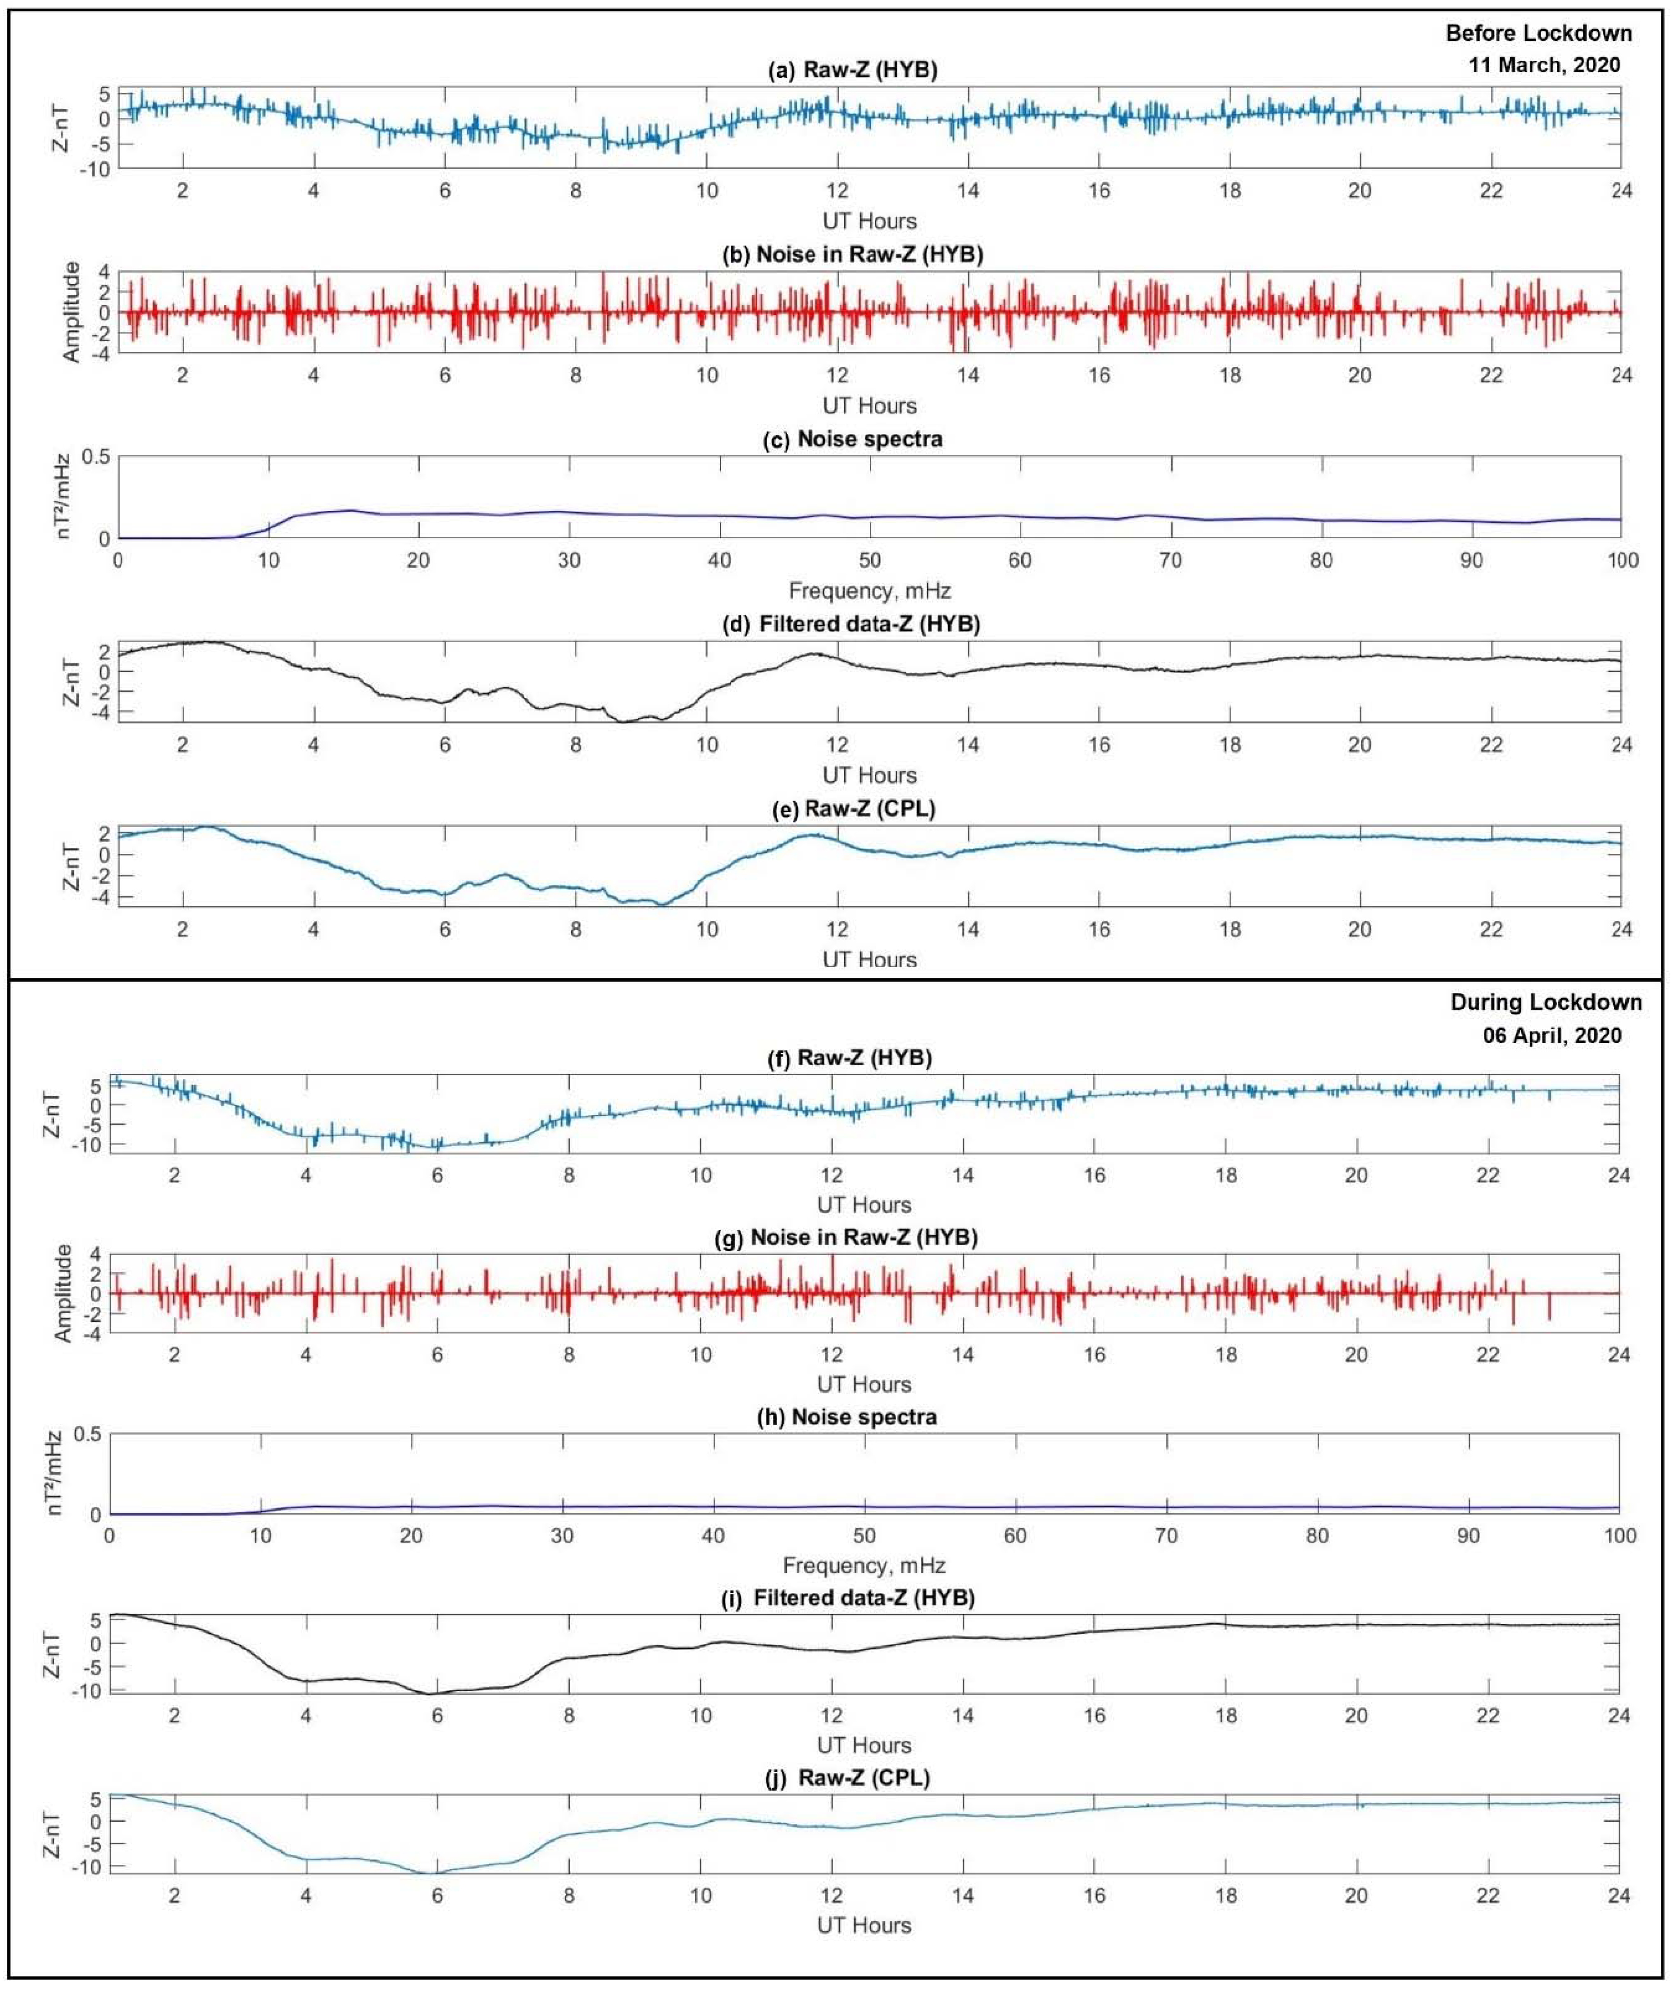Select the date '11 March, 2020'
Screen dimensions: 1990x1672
point(1544,65)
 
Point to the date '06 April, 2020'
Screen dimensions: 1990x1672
point(1551,1035)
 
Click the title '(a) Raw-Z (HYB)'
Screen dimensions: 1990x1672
point(852,70)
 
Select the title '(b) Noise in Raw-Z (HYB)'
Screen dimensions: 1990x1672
point(852,254)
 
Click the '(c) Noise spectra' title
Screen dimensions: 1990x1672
point(852,439)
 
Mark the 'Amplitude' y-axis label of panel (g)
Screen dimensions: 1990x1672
point(63,1293)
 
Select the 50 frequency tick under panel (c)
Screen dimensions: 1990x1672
point(869,560)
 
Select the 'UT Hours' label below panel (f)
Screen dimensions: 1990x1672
point(864,1205)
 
